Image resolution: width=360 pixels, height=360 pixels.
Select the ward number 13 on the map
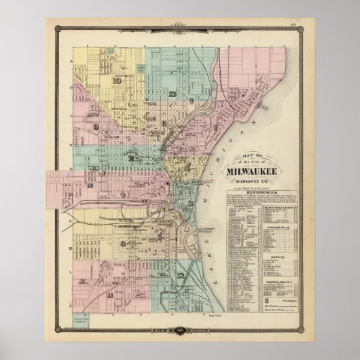(175, 94)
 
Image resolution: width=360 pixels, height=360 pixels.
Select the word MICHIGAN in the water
(237, 129)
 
